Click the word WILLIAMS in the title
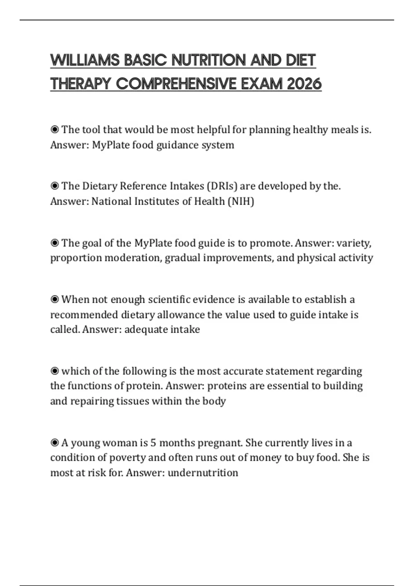click(x=85, y=60)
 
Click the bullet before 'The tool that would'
click(x=55, y=130)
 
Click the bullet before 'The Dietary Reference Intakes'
click(x=55, y=186)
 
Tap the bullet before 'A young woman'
click(x=55, y=443)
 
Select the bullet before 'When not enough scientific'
click(x=55, y=299)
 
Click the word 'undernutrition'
click(x=203, y=473)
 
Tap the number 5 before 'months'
click(x=153, y=443)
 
